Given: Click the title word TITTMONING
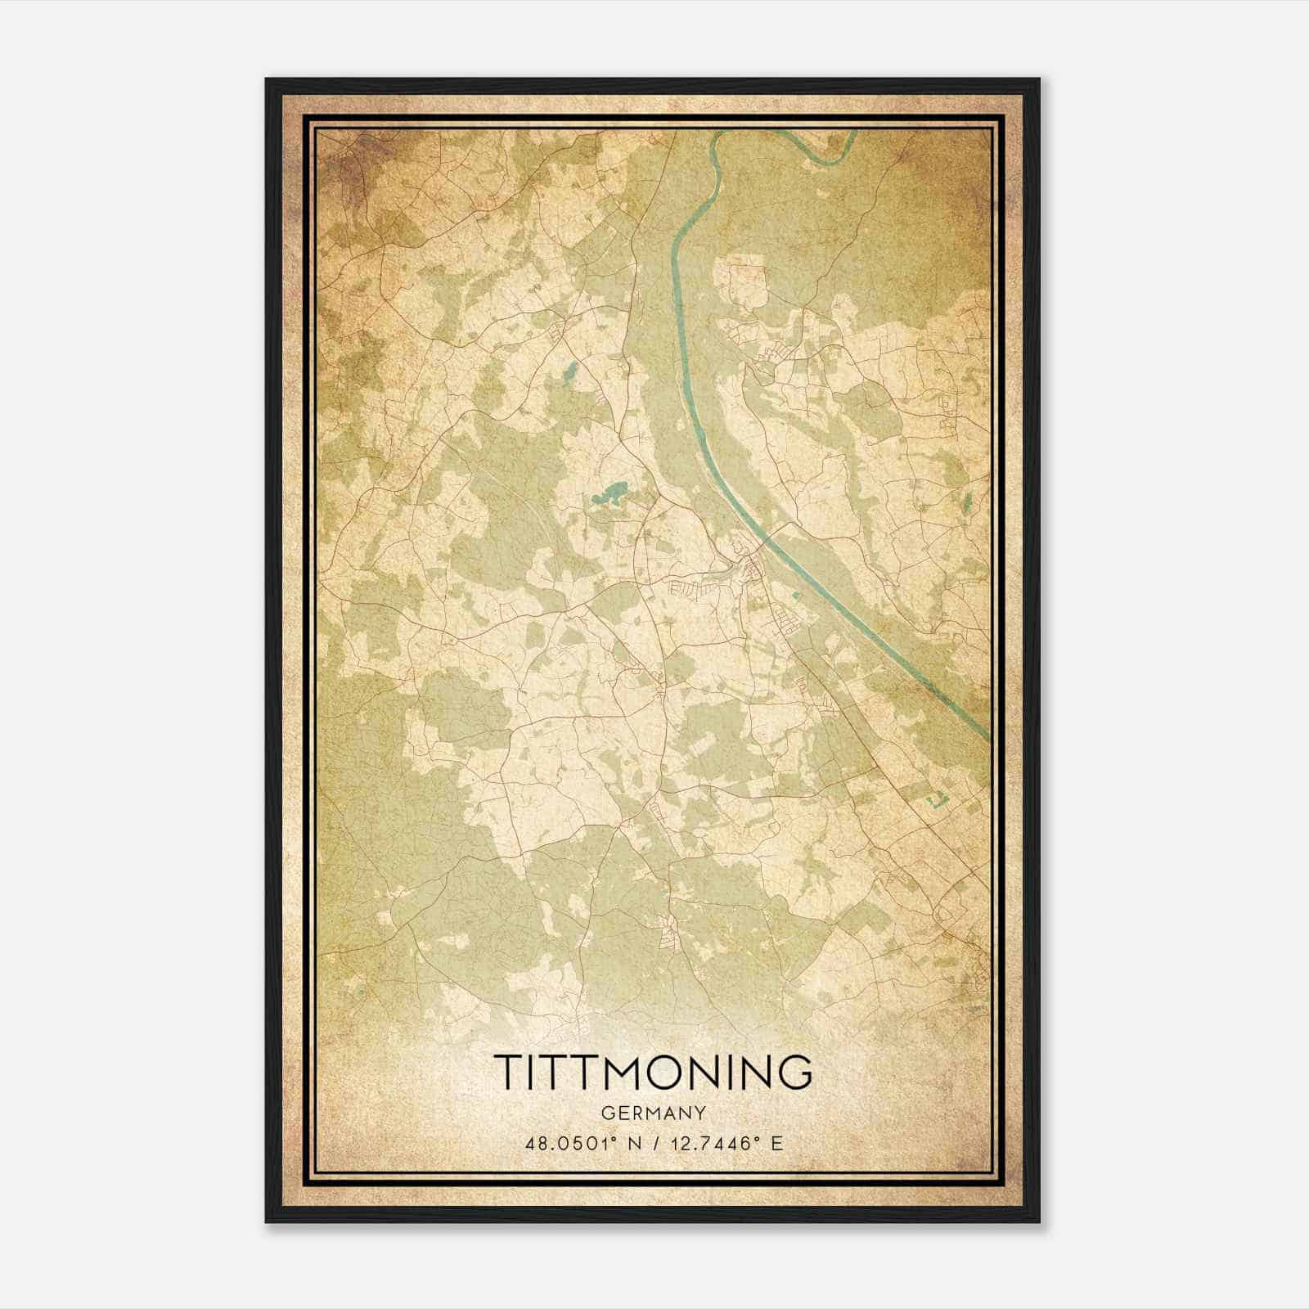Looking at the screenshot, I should (654, 1072).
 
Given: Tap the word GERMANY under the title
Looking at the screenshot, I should (654, 1113).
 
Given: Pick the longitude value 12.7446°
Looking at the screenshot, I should (714, 1143).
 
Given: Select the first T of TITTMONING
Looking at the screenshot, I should (511, 1072).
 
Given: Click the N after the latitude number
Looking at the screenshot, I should (631, 1143).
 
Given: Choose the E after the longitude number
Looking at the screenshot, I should (777, 1143).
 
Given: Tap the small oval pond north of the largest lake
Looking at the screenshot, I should (568, 377).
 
